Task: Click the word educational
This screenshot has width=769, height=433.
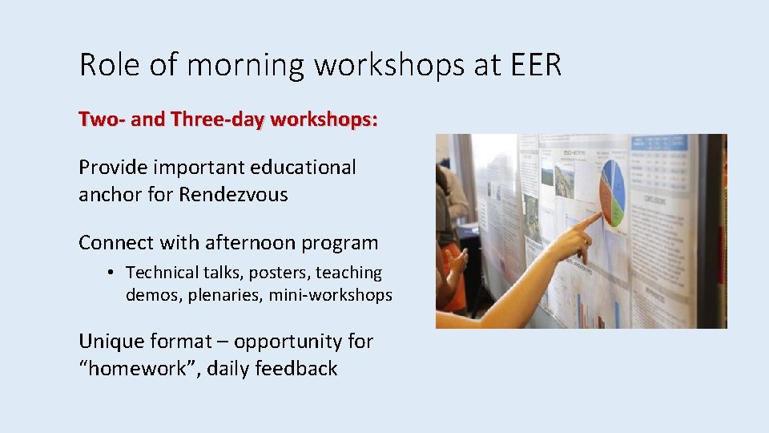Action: click(x=303, y=168)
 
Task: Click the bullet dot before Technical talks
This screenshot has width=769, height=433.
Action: click(x=111, y=273)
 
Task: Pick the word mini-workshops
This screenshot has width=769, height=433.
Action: click(x=330, y=295)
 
